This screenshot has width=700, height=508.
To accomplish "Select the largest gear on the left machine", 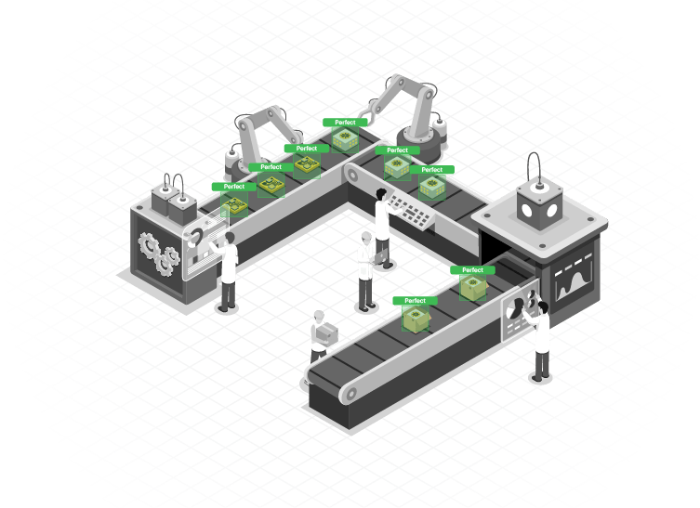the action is tap(149, 246).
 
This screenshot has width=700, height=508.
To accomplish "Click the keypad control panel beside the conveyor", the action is tap(410, 209).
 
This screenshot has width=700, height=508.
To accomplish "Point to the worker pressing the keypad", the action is tap(383, 228).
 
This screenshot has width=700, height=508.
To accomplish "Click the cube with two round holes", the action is tap(539, 205).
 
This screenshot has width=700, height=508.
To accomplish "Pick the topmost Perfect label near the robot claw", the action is tap(345, 123).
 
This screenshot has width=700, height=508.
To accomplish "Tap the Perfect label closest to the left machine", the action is tap(234, 187).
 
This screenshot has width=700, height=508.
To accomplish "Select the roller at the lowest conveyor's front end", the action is tap(350, 394).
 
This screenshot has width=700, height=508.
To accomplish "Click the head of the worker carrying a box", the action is tap(319, 317).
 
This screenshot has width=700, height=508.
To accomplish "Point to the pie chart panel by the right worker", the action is tap(520, 314).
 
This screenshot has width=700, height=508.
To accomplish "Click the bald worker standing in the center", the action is tap(366, 271).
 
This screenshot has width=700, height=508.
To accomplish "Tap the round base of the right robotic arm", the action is tap(418, 143).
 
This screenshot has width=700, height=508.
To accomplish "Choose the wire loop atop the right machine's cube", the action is tap(534, 167).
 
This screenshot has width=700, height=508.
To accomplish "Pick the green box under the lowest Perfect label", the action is tap(416, 319).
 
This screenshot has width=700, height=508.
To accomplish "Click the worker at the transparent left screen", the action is tap(227, 271).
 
